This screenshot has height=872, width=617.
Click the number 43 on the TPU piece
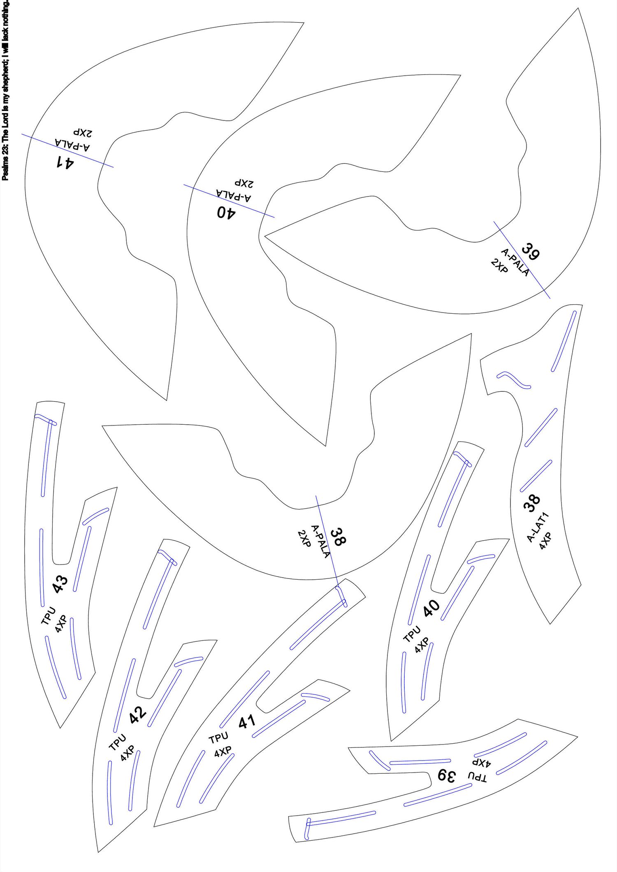pyautogui.click(x=60, y=584)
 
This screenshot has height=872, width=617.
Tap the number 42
pyautogui.click(x=138, y=715)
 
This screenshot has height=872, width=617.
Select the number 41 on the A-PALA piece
pyautogui.click(x=65, y=162)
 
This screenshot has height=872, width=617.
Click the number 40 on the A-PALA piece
pyautogui.click(x=226, y=213)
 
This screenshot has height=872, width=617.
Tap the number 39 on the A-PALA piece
pyautogui.click(x=531, y=252)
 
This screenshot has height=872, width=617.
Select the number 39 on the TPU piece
pyautogui.click(x=447, y=775)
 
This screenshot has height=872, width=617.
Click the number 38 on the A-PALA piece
pyautogui.click(x=338, y=537)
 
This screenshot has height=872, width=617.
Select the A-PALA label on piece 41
pyautogui.click(x=72, y=145)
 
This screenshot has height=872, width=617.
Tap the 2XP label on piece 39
pyautogui.click(x=499, y=266)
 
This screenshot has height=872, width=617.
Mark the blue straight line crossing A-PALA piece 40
pyautogui.click(x=229, y=201)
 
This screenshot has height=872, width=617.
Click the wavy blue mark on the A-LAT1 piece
pyautogui.click(x=514, y=380)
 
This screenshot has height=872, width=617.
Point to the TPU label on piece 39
pyautogui.click(x=477, y=777)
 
